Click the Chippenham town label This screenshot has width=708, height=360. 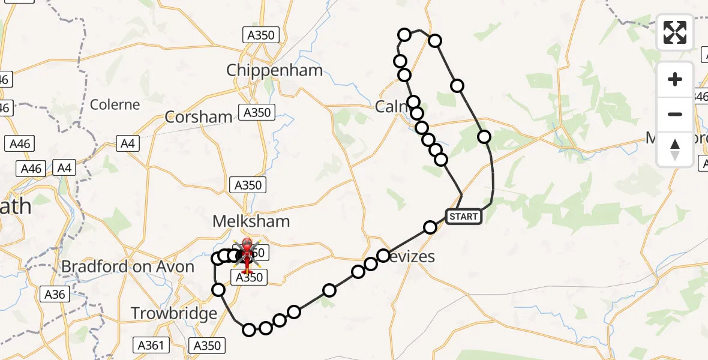274,70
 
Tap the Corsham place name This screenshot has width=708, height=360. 199,117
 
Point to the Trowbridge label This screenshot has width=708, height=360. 174,313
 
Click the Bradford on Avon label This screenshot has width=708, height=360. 128,266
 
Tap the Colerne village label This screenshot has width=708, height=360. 115,104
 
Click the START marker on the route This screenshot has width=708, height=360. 464,216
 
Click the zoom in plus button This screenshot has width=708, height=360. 675,79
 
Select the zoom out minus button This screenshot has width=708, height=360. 675,114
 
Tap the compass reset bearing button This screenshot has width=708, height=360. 675,149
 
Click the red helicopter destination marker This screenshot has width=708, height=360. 247,255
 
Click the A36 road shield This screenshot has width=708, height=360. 55,294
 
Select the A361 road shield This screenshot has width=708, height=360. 151,345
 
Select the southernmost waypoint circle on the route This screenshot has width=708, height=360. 249,329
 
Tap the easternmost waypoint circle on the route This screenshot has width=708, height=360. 484,137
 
